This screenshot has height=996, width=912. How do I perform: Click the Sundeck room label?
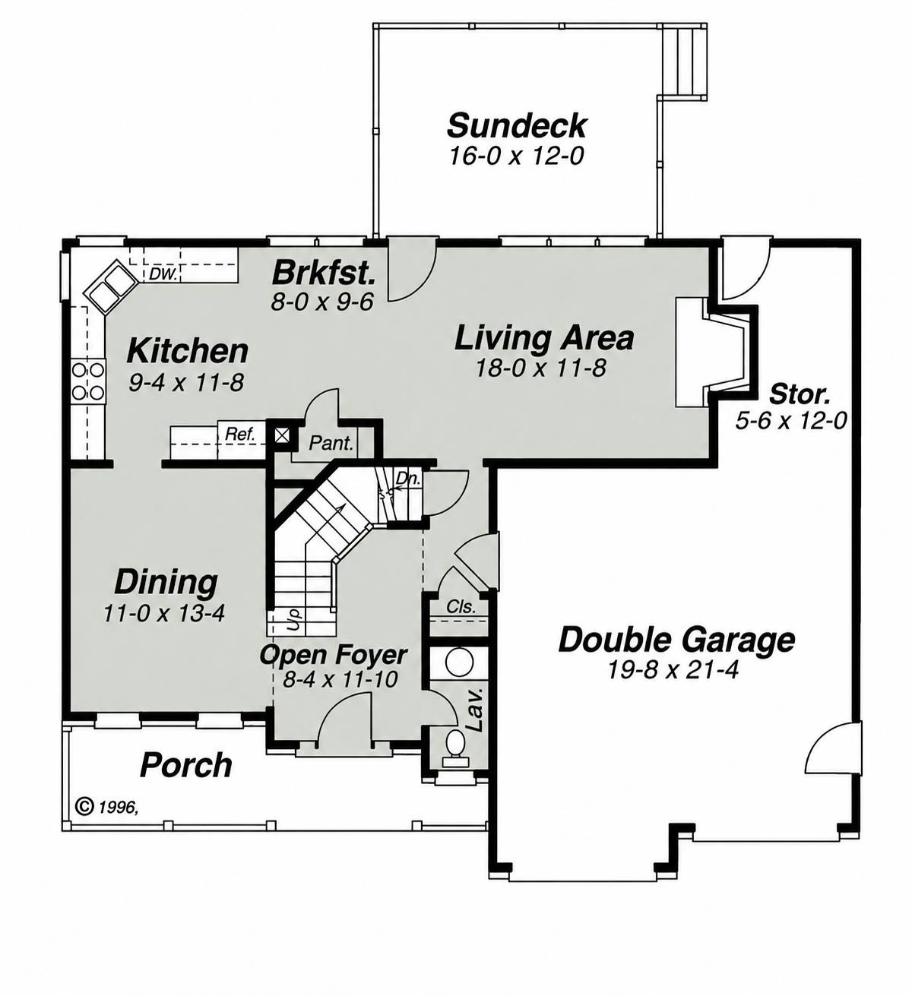[517, 125]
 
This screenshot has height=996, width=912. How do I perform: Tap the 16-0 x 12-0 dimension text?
[516, 157]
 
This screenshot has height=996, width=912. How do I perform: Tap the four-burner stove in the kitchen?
[88, 381]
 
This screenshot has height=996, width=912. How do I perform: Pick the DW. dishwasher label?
[163, 274]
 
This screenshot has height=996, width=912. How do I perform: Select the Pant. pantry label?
[331, 443]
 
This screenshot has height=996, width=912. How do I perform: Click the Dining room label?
[166, 582]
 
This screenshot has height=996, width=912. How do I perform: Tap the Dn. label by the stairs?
[408, 478]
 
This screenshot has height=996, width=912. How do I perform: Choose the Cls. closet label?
[461, 606]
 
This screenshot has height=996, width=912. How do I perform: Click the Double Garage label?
[676, 640]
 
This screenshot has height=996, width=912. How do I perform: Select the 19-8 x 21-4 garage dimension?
[673, 670]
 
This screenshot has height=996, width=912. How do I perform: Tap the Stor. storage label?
[800, 394]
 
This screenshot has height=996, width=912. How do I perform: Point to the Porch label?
[186, 765]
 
